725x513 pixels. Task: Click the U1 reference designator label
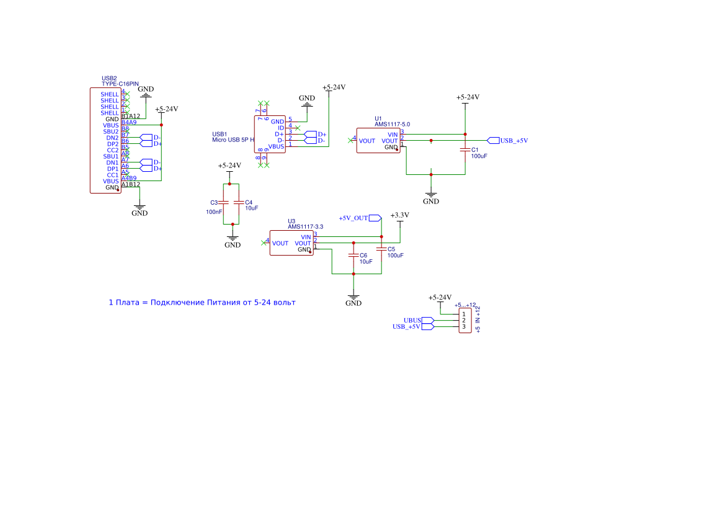coord(378,118)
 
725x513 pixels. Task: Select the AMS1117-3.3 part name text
coord(305,227)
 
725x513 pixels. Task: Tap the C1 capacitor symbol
coord(465,149)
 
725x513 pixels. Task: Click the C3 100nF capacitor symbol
coord(225,203)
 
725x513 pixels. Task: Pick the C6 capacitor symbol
coord(354,255)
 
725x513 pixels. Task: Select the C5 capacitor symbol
coord(381,248)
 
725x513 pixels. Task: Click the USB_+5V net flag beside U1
coord(508,140)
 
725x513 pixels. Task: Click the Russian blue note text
coord(202,303)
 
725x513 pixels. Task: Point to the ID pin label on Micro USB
coord(280,128)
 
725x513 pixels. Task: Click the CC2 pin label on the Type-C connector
coord(112,150)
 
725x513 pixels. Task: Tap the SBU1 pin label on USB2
coord(111,156)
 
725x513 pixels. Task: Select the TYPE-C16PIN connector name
coord(120,84)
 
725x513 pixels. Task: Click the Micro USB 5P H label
coord(233,140)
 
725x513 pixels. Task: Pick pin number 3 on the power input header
coord(463,327)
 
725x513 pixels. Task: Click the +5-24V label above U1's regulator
coord(468,97)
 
